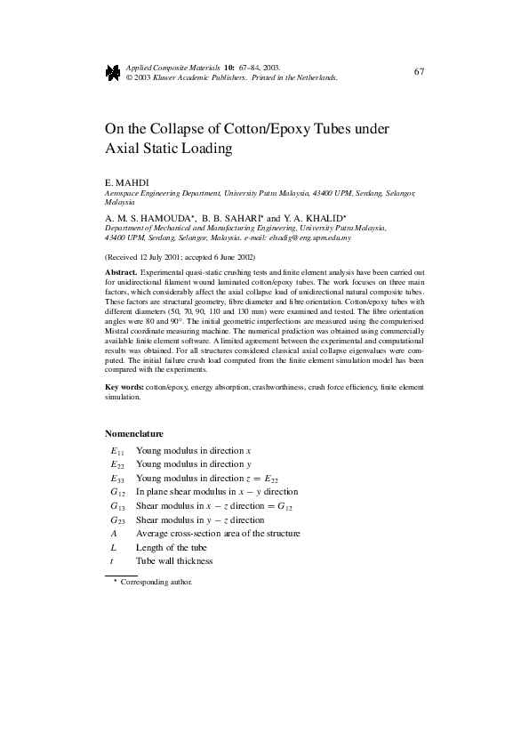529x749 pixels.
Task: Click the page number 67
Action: point(420,70)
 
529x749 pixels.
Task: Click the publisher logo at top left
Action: point(113,72)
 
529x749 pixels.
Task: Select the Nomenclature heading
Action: point(134,434)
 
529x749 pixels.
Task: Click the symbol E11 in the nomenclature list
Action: point(117,451)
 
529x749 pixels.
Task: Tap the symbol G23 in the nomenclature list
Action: point(117,519)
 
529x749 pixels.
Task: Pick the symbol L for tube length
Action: point(113,547)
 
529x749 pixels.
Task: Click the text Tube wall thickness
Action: point(174,561)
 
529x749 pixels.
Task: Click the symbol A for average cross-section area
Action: point(114,533)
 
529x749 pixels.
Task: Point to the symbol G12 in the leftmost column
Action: point(117,492)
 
